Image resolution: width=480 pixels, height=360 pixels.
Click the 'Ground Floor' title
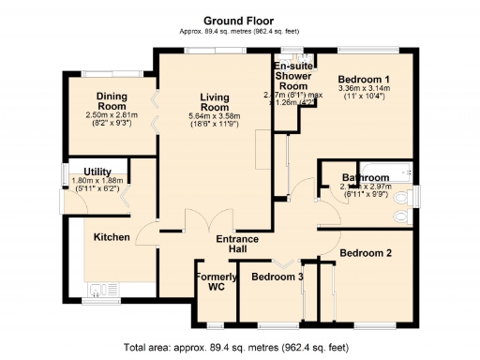(x=239, y=20)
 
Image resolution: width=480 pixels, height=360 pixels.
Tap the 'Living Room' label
(x=216, y=103)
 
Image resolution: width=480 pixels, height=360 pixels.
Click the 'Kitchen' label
(x=111, y=237)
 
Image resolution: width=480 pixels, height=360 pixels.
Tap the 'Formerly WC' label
(x=216, y=282)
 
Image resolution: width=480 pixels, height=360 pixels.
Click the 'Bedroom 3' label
(x=277, y=277)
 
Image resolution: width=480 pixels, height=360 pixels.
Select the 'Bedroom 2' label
(x=365, y=253)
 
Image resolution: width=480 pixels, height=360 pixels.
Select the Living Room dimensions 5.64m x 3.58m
(x=216, y=119)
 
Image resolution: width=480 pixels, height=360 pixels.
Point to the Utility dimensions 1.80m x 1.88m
(x=97, y=185)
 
